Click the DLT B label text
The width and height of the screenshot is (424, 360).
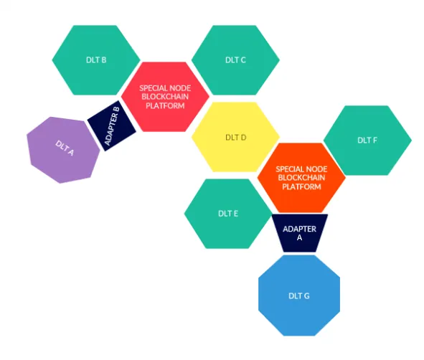[96, 60]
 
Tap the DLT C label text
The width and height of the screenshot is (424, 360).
[235, 60]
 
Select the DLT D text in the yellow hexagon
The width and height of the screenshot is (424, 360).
[236, 138]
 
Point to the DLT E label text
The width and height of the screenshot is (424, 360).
[228, 214]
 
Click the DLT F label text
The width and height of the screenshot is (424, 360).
[367, 141]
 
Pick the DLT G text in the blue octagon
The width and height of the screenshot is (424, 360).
[299, 296]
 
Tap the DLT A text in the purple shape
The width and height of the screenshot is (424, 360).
[65, 148]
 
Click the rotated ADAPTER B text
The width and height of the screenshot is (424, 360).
[112, 126]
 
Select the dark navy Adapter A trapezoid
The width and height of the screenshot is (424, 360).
[300, 233]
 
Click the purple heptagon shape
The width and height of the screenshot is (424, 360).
[63, 150]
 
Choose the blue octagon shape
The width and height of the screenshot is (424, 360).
[299, 295]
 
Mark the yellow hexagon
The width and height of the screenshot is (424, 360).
[235, 137]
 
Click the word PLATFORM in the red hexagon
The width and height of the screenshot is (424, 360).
[165, 105]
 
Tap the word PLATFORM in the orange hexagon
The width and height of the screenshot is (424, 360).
[301, 186]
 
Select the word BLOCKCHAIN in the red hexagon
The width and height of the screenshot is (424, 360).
[165, 97]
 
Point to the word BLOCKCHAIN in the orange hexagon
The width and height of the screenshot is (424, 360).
[301, 178]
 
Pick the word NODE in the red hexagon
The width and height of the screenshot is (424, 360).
[181, 88]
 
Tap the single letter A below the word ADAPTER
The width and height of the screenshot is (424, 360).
[299, 238]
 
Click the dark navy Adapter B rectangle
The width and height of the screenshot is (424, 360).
[112, 125]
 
